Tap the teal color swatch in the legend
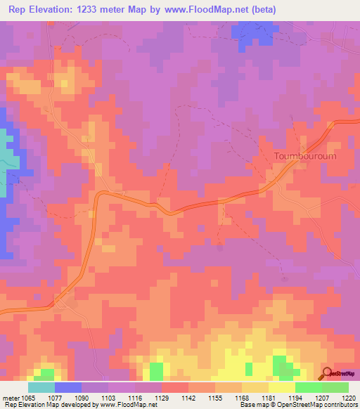pyautogui.click(x=41, y=387)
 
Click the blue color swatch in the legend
pyautogui.click(x=68, y=387)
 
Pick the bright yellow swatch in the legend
pyautogui.click(x=282, y=387)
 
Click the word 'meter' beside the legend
pyautogui.click(x=12, y=397)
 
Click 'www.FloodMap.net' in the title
pyautogui.click(x=210, y=10)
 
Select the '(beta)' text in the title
pyautogui.click(x=265, y=10)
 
